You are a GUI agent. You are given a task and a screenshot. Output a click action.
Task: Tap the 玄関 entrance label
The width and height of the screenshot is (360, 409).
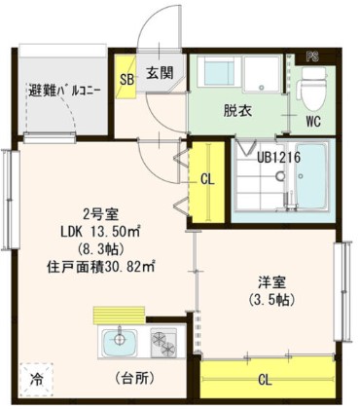pyautogui.click(x=160, y=72)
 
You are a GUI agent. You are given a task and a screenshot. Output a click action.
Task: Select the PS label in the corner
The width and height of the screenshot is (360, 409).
pyautogui.click(x=311, y=56)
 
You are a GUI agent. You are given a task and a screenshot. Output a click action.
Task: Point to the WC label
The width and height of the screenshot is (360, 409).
pyautogui.click(x=313, y=124)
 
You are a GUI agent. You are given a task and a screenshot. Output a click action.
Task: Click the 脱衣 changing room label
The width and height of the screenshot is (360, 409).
pyautogui.click(x=238, y=111)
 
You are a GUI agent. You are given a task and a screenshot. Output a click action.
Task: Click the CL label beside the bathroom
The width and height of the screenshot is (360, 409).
pyautogui.click(x=206, y=179)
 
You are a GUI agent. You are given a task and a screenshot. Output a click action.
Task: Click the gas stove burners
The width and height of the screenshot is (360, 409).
pyautogui.click(x=161, y=342)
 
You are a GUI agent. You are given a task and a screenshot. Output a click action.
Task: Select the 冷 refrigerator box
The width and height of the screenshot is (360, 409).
pyautogui.click(x=35, y=377)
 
